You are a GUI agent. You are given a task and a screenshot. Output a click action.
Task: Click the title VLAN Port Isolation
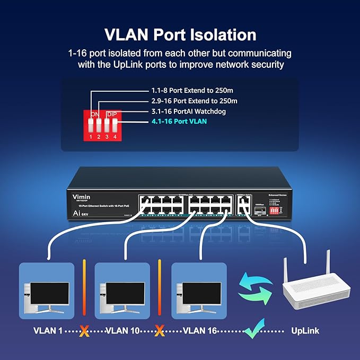[x=180, y=35]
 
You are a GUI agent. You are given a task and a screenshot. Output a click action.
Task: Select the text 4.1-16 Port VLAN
[x=179, y=121]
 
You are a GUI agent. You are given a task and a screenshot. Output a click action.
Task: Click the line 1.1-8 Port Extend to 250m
[x=194, y=91]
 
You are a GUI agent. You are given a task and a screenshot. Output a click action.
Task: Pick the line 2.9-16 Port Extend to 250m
[x=194, y=101]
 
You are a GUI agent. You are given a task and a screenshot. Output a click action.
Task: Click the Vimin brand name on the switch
[x=82, y=196]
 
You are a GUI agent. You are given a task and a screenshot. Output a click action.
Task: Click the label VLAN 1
[x=48, y=331]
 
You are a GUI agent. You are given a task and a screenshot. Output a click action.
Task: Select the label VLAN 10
[x=123, y=331]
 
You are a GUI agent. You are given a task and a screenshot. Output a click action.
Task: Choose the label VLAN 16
[x=200, y=331]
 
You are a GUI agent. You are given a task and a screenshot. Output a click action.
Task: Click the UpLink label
[x=305, y=331]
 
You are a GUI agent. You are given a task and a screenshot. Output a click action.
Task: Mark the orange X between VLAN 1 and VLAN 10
[x=83, y=331]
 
